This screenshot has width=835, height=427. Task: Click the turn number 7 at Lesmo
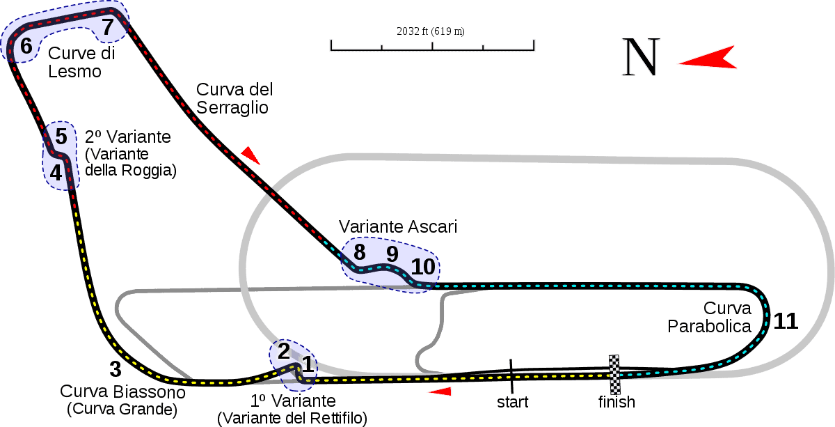point(108,27)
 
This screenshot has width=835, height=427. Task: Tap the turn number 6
point(26,46)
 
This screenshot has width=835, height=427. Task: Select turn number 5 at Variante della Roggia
point(61,137)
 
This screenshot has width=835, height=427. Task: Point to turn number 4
point(56,173)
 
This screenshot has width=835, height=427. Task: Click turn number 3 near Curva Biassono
point(116,369)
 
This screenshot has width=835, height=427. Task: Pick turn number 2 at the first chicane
point(284,351)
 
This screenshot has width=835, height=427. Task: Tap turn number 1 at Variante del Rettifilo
point(308,364)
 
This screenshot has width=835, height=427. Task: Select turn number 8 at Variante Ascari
point(360,252)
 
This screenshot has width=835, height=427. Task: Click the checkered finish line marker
point(614,375)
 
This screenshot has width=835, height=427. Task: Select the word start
point(513,403)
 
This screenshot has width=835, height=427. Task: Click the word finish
point(617,402)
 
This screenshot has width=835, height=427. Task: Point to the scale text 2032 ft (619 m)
point(431,31)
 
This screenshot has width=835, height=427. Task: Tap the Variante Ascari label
point(398,226)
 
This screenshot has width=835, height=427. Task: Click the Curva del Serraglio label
point(234,98)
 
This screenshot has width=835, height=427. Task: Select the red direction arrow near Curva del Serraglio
point(251,155)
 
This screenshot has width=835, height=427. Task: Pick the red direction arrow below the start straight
point(440,391)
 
